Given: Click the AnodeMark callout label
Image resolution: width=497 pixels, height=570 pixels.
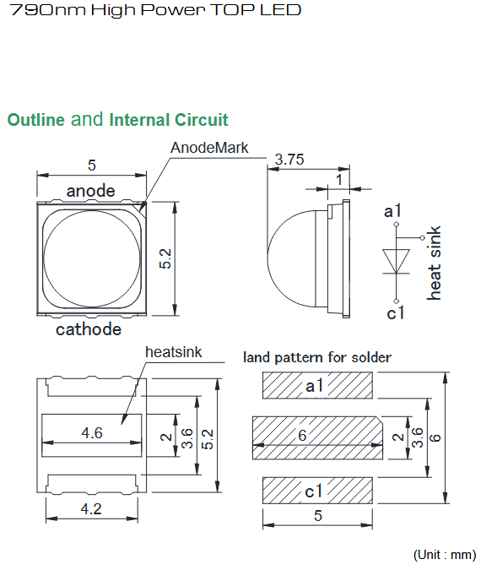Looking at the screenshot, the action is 209,148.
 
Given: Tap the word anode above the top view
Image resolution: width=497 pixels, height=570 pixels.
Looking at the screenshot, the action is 91,191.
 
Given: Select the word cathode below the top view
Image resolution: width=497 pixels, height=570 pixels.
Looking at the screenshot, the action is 89,329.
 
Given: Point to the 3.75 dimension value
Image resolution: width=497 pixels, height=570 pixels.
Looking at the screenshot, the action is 289,160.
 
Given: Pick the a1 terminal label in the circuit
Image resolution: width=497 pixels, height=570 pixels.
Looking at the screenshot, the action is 392,210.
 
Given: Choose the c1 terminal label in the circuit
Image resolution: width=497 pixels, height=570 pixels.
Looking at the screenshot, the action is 395,312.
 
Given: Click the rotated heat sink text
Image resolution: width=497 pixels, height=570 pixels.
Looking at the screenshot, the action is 434,263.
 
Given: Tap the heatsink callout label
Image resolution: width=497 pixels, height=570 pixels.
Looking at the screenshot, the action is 173,352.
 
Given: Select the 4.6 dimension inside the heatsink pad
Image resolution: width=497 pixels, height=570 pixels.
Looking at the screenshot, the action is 92,432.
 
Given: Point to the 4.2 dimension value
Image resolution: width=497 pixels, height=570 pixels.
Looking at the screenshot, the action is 91,508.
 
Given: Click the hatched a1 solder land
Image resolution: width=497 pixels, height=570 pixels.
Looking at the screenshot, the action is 317,385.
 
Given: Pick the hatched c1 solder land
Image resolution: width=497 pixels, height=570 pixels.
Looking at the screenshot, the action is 317,491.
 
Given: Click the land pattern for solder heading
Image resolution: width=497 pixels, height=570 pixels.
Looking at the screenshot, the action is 317,357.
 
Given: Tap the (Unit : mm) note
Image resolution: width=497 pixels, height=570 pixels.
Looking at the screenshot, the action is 445,555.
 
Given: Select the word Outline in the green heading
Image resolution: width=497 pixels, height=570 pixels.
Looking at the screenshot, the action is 36,120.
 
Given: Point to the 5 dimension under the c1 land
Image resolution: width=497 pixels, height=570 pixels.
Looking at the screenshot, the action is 318,515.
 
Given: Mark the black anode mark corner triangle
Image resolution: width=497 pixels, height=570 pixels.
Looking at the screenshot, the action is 143,207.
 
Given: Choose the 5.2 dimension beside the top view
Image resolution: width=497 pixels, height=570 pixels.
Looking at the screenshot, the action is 165,258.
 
